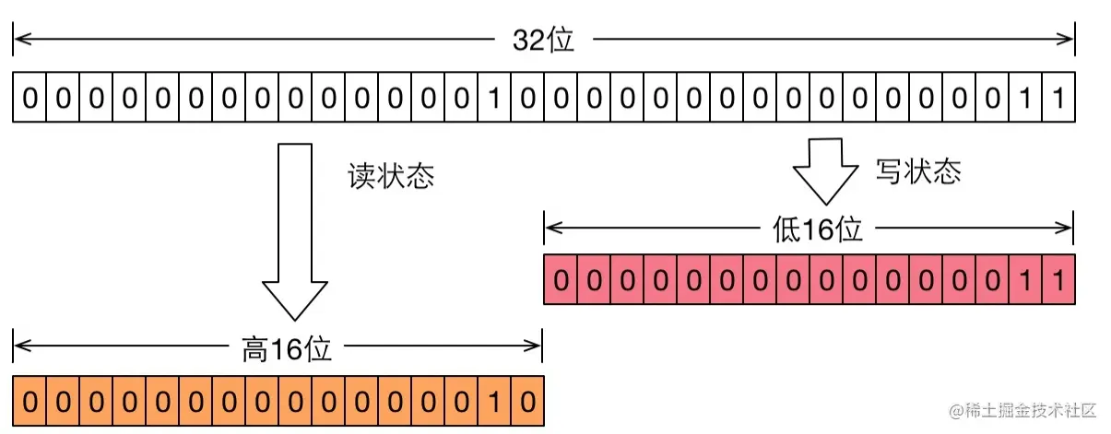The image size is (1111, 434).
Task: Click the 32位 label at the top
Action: click(543, 41)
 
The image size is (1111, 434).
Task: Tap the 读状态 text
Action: click(390, 177)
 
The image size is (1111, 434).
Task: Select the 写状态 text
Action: click(917, 171)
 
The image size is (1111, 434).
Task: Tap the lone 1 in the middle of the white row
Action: click(494, 97)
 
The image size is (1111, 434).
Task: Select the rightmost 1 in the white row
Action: click(1058, 97)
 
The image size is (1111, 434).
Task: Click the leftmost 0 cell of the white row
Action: click(30, 97)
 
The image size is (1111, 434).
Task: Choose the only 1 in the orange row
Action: click(494, 402)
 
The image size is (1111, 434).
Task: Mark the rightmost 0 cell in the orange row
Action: click(527, 402)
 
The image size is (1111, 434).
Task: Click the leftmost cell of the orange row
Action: click(30, 402)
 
